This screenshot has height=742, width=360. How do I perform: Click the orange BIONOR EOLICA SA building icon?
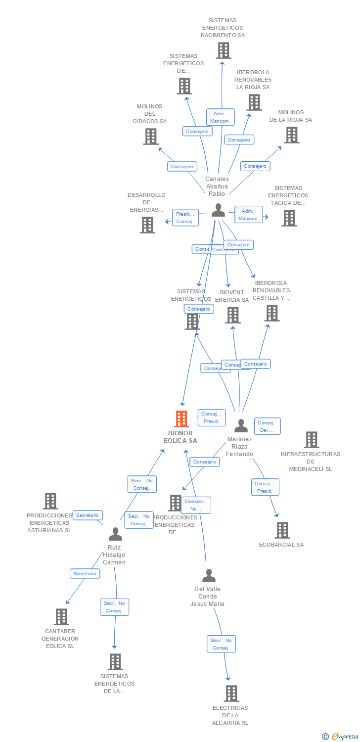tap(181, 419)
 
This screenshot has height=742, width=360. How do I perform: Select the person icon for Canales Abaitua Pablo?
tap(218, 210)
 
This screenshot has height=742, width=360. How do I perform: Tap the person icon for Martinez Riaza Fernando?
tap(241, 425)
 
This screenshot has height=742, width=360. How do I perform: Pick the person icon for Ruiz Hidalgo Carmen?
tap(115, 534)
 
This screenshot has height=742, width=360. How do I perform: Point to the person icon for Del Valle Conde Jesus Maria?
tap(209, 576)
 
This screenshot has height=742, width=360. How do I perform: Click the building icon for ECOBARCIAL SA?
tap(282, 530)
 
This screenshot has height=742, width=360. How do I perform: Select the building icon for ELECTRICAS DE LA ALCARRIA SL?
tap(231, 694)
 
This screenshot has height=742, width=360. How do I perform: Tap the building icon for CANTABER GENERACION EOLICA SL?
tap(61, 617)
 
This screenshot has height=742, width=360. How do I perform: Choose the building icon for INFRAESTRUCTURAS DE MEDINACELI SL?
tap(311, 440)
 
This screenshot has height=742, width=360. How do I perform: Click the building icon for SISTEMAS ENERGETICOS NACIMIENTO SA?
tap(223, 50)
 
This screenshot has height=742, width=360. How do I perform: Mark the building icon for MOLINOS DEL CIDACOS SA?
tap(150, 137)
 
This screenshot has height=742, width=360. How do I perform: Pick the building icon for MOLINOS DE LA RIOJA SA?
tap(291, 135)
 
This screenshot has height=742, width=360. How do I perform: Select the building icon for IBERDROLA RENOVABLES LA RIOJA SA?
tap(254, 102)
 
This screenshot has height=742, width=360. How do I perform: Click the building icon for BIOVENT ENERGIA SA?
tap(232, 315)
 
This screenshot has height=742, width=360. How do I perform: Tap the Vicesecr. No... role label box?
tap(196, 505)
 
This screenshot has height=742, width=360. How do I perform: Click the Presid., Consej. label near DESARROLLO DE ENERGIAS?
tap(185, 218)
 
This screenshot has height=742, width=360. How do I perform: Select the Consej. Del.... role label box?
tap(267, 426)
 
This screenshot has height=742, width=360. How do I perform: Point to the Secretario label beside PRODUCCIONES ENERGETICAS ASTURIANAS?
tap(88, 515)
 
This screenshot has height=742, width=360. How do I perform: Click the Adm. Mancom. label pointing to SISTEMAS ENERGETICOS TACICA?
tap(248, 215)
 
